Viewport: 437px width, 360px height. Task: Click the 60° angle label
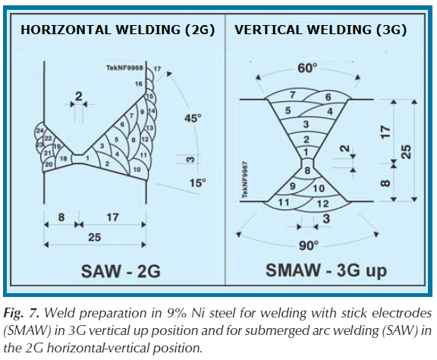(307, 68)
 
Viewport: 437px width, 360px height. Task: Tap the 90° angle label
(309, 246)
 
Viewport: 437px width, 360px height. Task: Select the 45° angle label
(193, 118)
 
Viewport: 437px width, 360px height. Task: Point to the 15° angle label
(197, 183)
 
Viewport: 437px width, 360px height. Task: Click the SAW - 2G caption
(121, 270)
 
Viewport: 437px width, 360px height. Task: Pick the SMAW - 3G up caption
(326, 270)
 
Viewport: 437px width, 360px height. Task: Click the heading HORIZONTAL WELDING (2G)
(118, 30)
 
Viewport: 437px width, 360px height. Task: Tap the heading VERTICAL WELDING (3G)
(320, 30)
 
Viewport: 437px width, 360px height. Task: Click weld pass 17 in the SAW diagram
(158, 68)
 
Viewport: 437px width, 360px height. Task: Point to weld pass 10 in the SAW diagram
(137, 169)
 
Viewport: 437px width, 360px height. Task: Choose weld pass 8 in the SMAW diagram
(307, 170)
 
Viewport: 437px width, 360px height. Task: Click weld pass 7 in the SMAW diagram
(292, 95)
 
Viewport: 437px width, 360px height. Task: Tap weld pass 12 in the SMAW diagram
(322, 204)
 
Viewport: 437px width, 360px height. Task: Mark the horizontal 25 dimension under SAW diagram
(95, 237)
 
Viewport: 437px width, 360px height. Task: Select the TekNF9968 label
(124, 68)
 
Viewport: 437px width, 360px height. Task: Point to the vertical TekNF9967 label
(245, 180)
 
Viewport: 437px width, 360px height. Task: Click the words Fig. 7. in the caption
(21, 313)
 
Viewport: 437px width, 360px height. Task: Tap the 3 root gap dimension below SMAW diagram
(326, 219)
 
